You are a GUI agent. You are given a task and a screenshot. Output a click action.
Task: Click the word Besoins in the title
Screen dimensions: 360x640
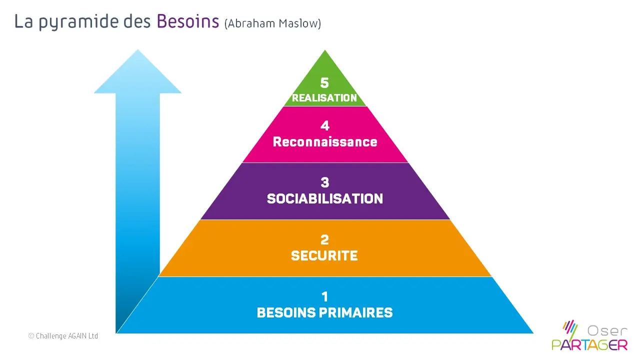coord(187,22)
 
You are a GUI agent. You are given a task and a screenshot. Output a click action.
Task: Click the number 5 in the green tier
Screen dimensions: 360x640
coord(324,83)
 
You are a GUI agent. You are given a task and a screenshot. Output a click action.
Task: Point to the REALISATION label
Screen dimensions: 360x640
coord(324,98)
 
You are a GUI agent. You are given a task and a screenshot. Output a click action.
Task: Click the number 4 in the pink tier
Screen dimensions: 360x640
coord(325,125)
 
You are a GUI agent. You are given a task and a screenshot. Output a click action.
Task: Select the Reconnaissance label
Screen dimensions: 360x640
coord(325,142)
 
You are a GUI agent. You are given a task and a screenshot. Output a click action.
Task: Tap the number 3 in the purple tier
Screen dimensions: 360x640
coord(325,182)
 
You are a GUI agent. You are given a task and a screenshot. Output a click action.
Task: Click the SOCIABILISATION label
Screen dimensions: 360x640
coord(325,199)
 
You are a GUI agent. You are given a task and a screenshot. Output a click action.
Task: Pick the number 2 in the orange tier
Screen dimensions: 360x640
coord(324,239)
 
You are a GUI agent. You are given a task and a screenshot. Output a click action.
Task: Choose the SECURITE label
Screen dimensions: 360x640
coord(324,256)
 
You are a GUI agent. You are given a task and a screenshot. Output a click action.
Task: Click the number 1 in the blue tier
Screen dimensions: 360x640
coord(324,296)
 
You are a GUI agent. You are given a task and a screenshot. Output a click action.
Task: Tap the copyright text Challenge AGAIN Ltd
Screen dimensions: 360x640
coord(63,336)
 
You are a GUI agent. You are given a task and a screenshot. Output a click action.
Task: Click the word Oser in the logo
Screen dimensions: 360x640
coord(606,330)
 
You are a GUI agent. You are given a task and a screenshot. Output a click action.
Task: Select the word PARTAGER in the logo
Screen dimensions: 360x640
coord(589,344)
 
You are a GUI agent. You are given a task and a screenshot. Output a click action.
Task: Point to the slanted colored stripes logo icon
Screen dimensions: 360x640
coord(570,328)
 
